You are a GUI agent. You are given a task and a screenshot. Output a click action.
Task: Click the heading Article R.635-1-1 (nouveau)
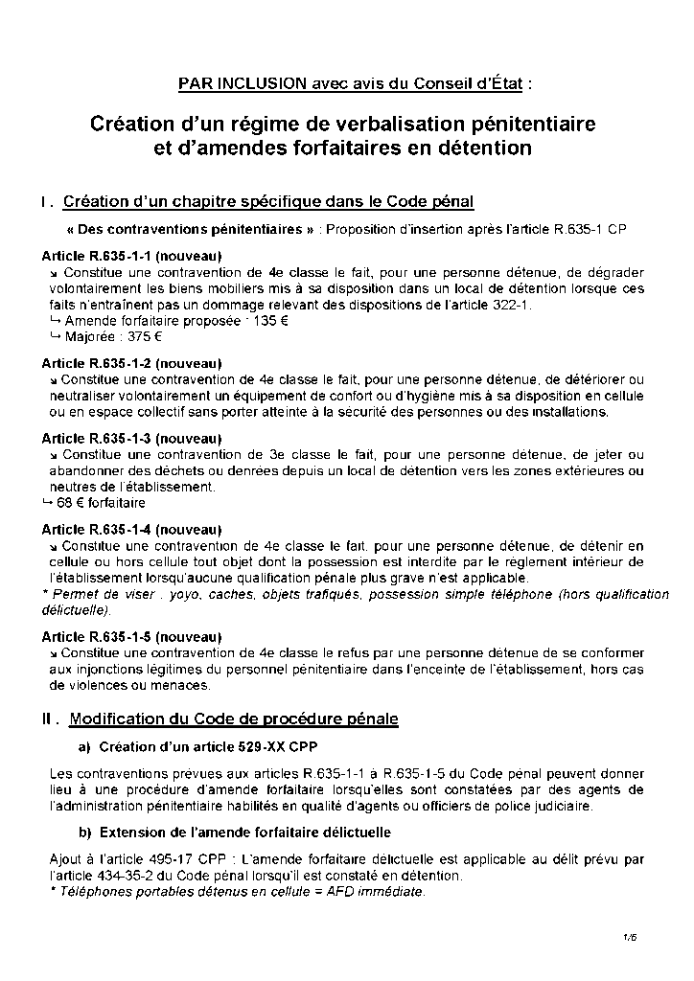[132, 256]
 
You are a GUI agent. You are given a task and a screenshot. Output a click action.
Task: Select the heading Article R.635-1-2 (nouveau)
[132, 363]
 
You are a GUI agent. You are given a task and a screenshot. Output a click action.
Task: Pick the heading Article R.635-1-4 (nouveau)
[132, 529]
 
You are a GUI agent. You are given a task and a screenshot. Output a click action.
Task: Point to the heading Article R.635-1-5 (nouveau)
[132, 636]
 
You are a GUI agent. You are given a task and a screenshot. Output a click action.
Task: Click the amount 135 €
[268, 321]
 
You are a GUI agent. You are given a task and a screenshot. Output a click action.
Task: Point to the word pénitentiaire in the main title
[533, 125]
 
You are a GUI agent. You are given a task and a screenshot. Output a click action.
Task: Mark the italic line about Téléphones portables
[235, 892]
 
